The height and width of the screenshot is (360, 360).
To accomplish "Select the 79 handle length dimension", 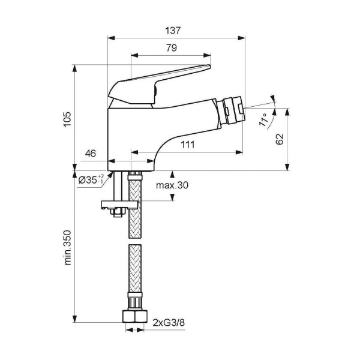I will tap(170, 49).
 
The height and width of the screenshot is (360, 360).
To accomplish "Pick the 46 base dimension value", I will tap(91, 154).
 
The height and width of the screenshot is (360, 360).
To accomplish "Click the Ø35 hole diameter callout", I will tap(92, 179).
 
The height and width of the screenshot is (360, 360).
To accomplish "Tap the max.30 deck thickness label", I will tap(173, 185).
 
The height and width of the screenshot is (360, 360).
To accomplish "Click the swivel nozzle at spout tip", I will tap(231, 110).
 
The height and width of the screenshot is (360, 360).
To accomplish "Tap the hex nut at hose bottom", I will tap(133, 316).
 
